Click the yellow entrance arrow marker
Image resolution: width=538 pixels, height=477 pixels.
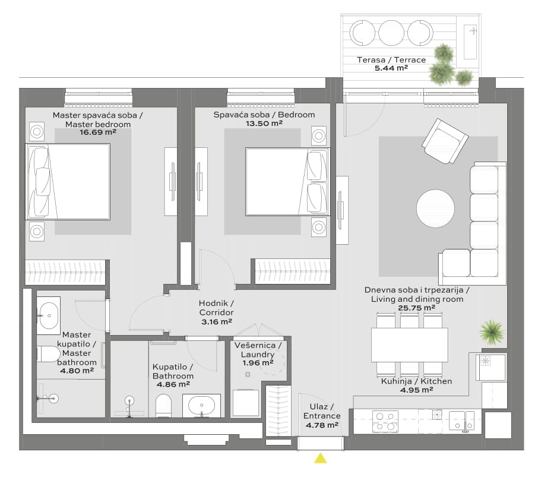click(321, 458)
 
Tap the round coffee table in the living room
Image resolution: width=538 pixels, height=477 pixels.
click(435, 209)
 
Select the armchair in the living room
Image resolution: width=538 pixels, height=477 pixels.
click(445, 141)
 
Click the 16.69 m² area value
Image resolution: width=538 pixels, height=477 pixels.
click(98, 132)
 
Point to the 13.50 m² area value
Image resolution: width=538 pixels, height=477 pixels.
click(264, 123)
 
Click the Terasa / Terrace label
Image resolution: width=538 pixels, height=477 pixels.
click(391, 60)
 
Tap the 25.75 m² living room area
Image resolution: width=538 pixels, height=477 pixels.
click(416, 308)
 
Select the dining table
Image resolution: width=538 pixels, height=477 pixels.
click(409, 345)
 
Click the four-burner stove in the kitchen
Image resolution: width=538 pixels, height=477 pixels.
click(385, 421)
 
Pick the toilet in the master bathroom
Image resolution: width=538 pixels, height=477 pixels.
click(48, 354)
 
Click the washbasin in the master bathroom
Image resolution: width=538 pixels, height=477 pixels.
click(48, 315)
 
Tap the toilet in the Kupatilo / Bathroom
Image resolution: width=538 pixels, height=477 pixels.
click(163, 405)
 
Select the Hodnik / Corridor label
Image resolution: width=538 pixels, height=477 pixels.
click(217, 308)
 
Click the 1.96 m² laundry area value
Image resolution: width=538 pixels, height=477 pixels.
click(258, 363)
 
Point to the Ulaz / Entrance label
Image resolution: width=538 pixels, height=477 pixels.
click(322, 411)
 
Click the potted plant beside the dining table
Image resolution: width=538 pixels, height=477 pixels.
click(492, 332)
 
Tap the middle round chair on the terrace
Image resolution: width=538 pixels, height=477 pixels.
click(391, 33)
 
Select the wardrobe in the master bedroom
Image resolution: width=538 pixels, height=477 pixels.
click(65, 273)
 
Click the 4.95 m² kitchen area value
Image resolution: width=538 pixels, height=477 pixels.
click(416, 390)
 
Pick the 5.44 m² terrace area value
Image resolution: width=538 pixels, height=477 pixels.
click(391, 68)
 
